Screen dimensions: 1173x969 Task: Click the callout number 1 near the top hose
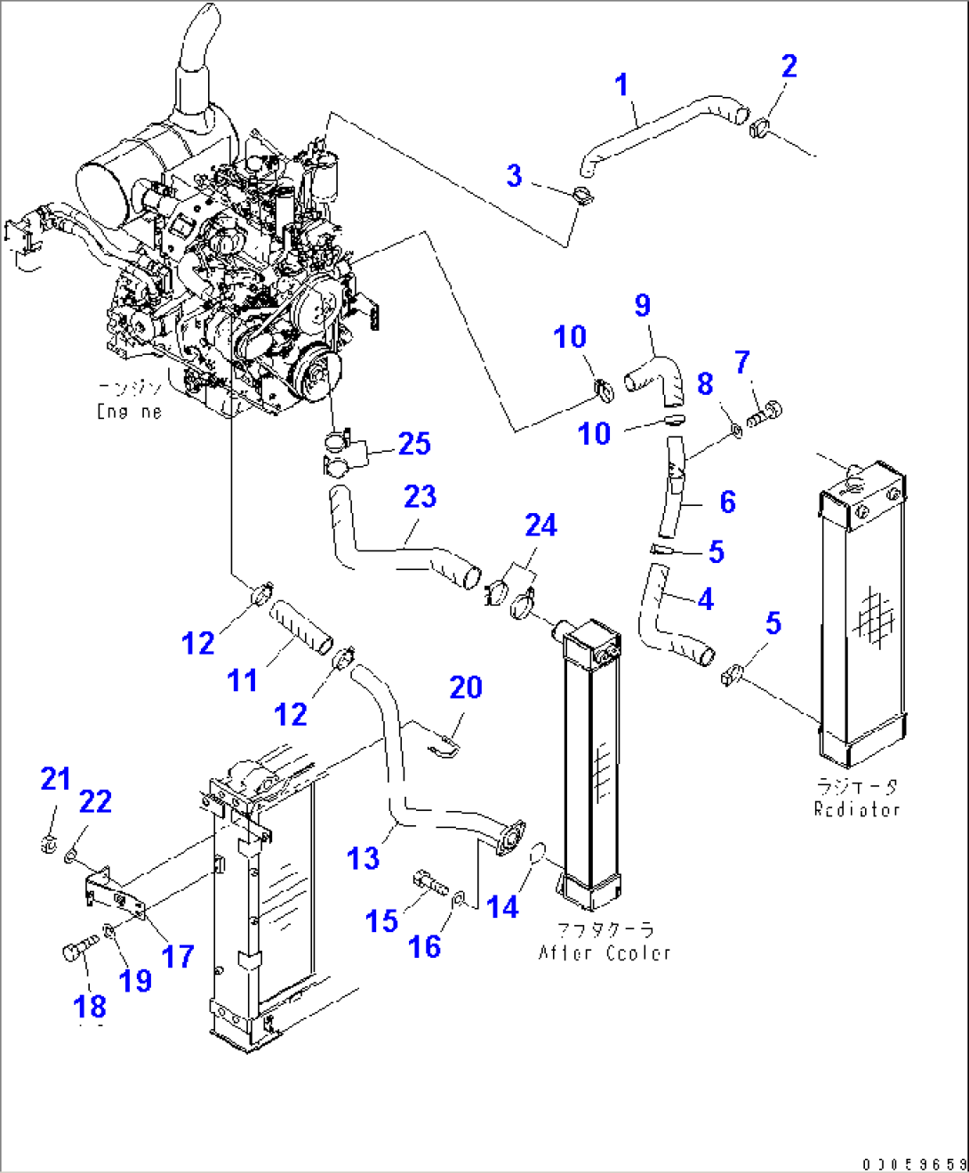621,85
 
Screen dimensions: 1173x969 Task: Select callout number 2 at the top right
789,66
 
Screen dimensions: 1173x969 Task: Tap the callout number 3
514,175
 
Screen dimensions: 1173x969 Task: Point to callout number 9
643,305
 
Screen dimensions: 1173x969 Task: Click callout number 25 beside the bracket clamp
414,443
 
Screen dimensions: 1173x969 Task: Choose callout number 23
420,496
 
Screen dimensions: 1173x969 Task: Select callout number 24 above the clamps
541,525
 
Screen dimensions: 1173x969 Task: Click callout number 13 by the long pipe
363,857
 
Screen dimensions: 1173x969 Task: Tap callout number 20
465,687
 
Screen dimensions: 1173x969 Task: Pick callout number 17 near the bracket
178,956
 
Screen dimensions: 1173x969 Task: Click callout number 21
55,778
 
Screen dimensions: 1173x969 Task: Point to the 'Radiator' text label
857,809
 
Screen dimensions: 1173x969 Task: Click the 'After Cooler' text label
605,952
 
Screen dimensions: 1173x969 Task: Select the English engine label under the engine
130,412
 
